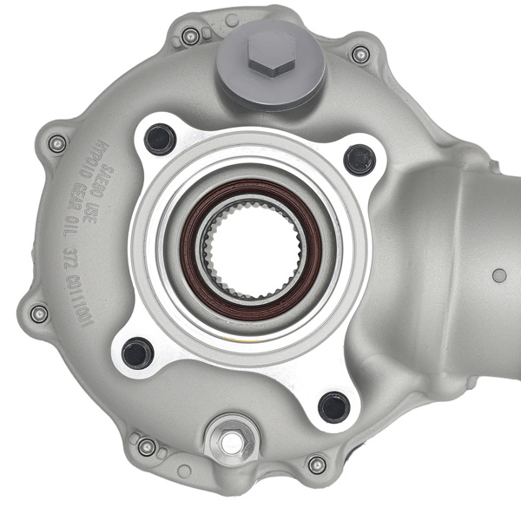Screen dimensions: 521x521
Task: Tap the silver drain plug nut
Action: click(231, 443)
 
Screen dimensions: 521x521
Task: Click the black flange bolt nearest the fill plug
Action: click(359, 159)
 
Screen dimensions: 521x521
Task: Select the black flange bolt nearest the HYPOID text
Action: click(160, 139)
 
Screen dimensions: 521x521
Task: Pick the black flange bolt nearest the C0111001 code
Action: click(137, 353)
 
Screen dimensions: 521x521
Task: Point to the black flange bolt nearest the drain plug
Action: click(333, 406)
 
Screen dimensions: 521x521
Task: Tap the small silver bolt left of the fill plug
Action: click(191, 36)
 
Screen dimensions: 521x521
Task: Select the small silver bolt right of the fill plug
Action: click(360, 54)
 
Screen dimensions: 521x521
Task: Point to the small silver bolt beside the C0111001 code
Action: click(38, 313)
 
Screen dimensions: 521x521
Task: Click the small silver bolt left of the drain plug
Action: click(147, 446)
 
